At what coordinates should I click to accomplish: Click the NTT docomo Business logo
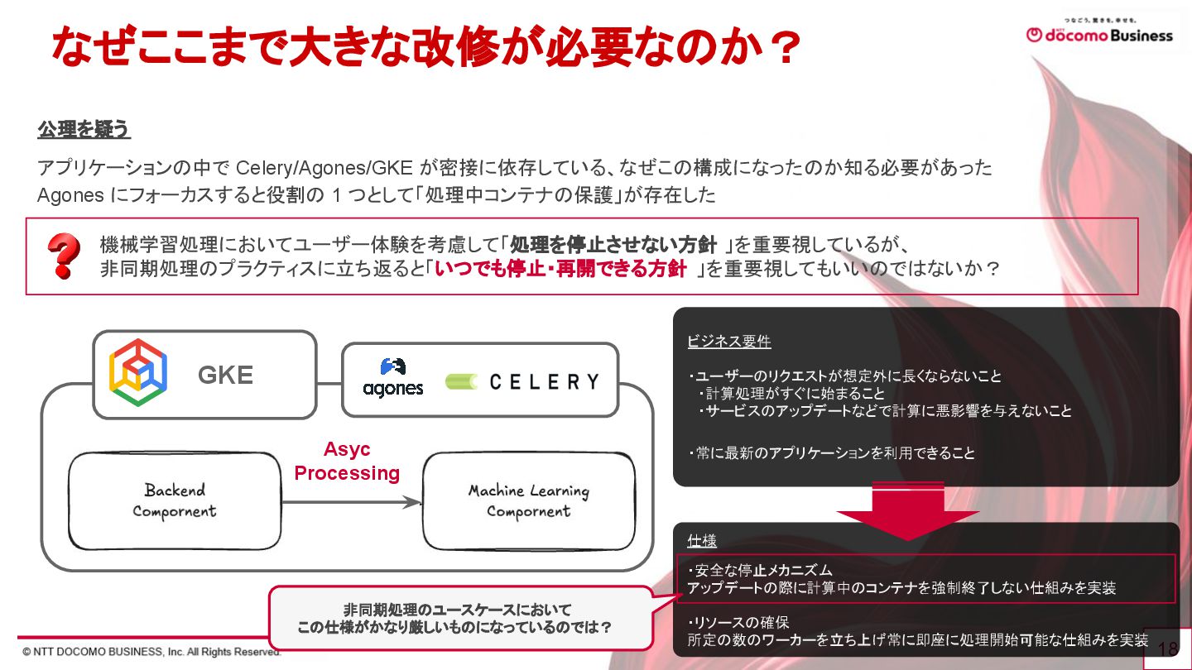1099,34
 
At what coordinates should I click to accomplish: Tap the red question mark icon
64,256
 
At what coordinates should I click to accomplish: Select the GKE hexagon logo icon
138,375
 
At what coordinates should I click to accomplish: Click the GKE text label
225,376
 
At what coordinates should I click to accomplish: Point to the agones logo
393,377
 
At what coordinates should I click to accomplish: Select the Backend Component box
175,501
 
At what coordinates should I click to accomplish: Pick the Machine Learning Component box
529,501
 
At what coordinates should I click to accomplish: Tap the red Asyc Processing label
347,462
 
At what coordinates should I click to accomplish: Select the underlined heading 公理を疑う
84,130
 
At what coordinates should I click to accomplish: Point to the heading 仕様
702,541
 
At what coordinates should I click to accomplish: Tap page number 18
1167,649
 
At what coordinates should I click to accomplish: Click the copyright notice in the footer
152,652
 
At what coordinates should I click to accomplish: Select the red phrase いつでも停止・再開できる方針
560,270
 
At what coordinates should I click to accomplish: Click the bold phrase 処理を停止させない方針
613,245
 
